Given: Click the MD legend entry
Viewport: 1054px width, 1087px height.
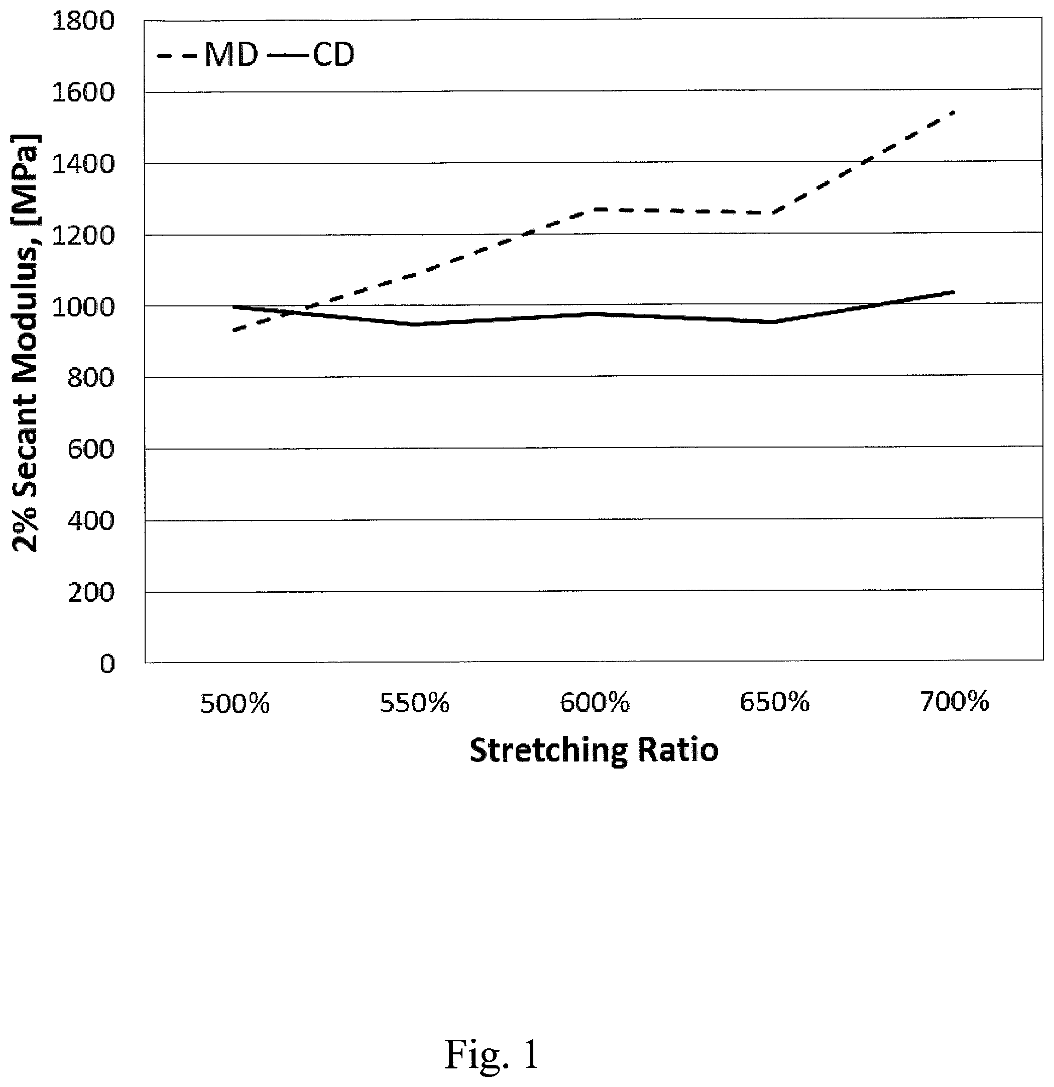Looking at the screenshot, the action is pos(207,55).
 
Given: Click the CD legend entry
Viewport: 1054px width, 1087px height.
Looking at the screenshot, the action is pos(310,55).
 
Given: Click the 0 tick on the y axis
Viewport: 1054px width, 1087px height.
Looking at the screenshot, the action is pos(107,663).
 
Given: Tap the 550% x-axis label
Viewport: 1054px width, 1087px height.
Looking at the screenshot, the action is pos(415,703).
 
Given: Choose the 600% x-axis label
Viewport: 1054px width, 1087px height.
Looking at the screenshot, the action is pos(595,703).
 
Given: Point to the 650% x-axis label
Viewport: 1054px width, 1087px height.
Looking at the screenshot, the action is pos(775,702).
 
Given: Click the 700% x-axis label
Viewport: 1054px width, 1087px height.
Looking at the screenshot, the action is pos(955,702).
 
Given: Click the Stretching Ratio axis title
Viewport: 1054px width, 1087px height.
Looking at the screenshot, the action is pos(595,750).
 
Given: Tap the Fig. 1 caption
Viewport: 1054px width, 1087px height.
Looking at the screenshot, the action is pos(491,1054).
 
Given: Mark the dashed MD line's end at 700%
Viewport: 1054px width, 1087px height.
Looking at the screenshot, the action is pos(954,112).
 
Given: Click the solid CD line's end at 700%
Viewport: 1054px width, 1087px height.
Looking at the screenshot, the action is pos(954,292).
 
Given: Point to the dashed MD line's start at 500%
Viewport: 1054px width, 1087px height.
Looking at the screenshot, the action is pos(234,331).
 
